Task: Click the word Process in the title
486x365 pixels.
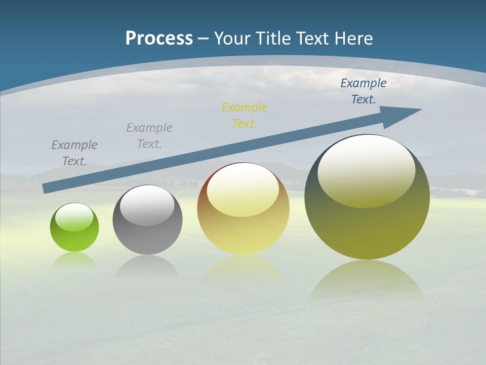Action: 159,39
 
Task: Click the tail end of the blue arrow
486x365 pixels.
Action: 46,188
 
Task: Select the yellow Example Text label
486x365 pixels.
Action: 245,116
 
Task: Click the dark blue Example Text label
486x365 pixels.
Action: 363,91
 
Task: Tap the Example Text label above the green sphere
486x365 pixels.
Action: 74,153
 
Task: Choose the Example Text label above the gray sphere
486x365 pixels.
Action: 149,136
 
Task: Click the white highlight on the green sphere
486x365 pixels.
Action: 74,217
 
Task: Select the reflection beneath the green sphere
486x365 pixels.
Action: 74,260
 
